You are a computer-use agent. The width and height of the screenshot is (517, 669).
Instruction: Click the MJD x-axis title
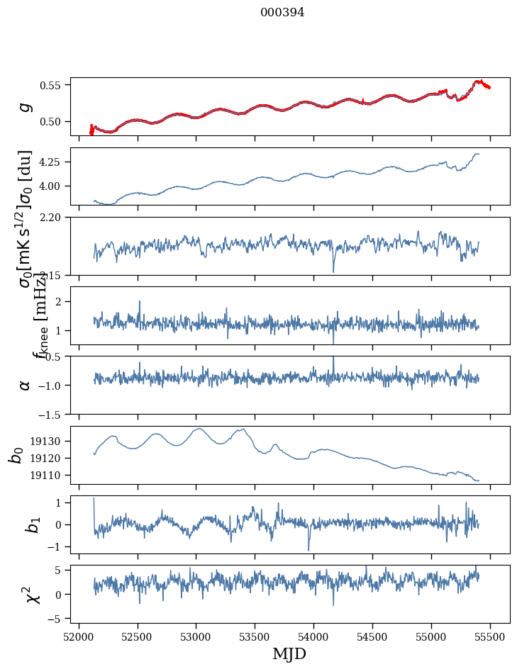point(289,654)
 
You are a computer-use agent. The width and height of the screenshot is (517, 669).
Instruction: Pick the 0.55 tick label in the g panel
point(51,85)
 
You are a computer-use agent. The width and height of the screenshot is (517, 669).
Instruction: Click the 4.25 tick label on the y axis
point(51,162)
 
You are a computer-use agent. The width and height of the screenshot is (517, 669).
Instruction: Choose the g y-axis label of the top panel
point(26,106)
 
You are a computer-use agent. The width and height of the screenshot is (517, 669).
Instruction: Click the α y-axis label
point(26,385)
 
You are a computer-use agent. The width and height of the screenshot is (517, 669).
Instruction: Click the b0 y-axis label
point(16,455)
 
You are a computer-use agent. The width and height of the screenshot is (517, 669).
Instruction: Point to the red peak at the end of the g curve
point(478,81)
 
